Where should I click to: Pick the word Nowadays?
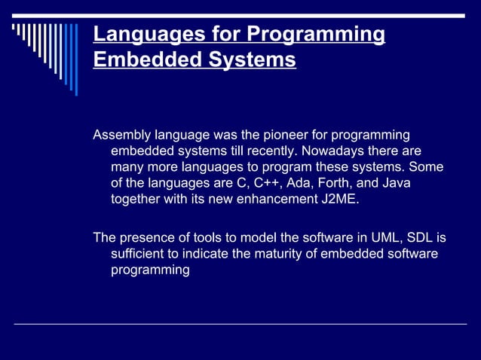click(340, 151)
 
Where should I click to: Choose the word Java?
click(395, 183)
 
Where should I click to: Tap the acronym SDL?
click(421, 238)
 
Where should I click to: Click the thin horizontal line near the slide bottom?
click(240, 324)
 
